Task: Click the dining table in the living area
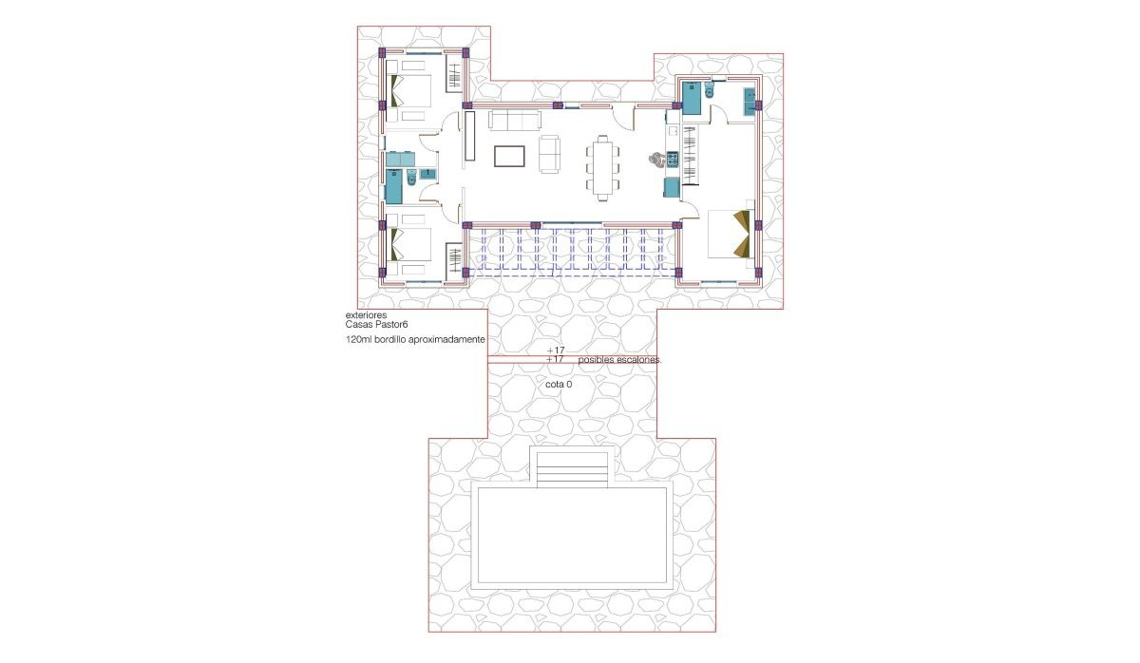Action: pos(603,168)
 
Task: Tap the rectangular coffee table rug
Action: pos(509,155)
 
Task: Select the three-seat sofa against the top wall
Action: pos(514,120)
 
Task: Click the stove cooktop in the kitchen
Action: pos(672,160)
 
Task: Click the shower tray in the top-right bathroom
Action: pos(692,98)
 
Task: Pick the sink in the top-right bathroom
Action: pos(750,97)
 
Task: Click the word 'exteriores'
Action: pos(366,315)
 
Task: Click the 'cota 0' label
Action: pos(559,385)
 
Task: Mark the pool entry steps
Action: pos(572,469)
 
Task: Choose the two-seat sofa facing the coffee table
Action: pos(550,155)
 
